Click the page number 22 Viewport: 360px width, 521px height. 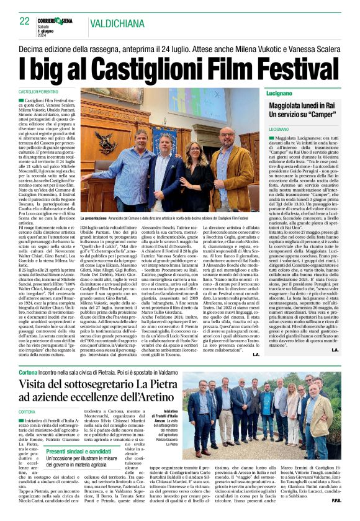coord(25,21)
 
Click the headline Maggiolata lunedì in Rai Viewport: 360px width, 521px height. coord(304,105)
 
